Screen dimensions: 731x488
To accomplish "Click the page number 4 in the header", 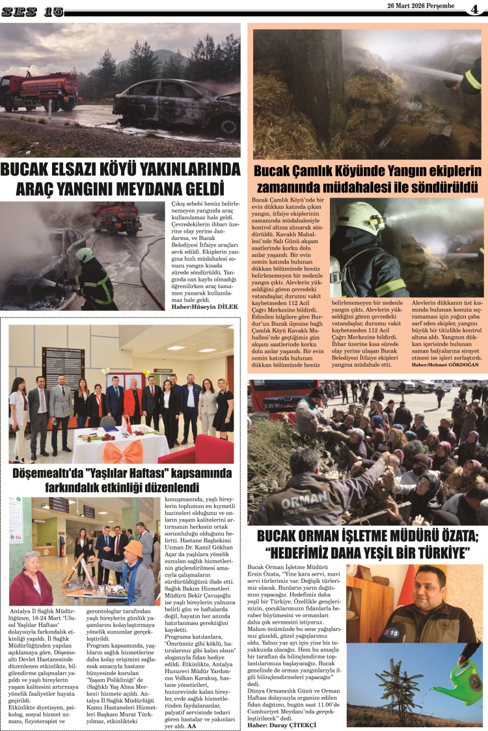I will [476, 9].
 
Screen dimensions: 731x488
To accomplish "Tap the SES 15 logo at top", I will [32, 12].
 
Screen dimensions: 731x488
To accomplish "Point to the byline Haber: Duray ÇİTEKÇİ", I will [281, 724].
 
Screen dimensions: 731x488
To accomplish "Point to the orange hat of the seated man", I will [133, 548].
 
